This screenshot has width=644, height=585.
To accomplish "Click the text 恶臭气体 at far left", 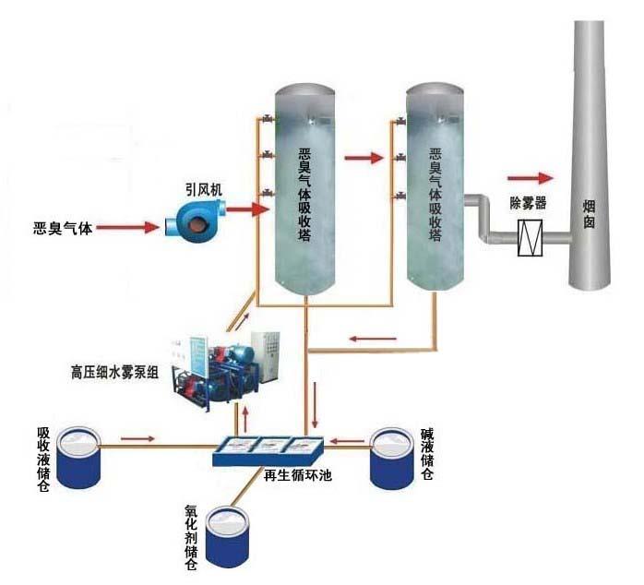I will [x=58, y=225].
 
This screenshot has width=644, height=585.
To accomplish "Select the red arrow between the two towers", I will [x=364, y=158].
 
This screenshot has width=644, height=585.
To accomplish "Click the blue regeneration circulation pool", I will [x=268, y=448].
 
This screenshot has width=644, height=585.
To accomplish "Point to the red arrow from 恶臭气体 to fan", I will [x=125, y=225].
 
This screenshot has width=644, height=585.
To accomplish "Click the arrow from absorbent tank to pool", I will [x=138, y=433].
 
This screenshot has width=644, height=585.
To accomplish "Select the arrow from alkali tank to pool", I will [x=347, y=441].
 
